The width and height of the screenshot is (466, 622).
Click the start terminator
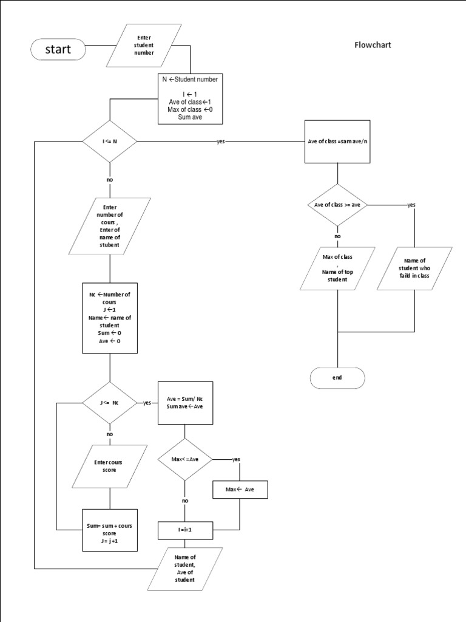[x=58, y=49]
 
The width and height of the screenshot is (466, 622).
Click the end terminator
[x=337, y=377]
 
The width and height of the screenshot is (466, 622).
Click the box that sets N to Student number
[x=191, y=98]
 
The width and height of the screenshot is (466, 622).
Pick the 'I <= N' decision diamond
[x=110, y=142]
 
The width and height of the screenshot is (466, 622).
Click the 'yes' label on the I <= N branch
[x=220, y=142]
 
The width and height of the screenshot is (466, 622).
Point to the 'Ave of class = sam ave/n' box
[x=337, y=142]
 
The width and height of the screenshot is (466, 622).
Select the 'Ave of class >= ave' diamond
[x=337, y=205]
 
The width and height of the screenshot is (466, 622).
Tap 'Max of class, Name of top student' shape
[x=337, y=268]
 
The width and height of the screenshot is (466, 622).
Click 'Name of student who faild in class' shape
[x=415, y=268]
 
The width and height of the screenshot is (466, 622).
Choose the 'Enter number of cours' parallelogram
[x=110, y=227]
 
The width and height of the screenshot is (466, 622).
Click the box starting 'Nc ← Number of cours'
[x=110, y=318]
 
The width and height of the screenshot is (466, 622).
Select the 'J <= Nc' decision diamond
[x=110, y=403]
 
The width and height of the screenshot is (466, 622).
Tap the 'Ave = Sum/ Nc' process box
[x=185, y=403]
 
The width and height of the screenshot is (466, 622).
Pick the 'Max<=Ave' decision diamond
[x=185, y=459]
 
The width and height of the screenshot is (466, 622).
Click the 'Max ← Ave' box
[x=240, y=490]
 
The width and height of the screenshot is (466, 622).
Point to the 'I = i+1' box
[x=185, y=530]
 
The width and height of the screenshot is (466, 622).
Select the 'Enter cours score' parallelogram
[x=110, y=466]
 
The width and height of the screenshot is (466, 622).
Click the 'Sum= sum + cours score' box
[x=110, y=529]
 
